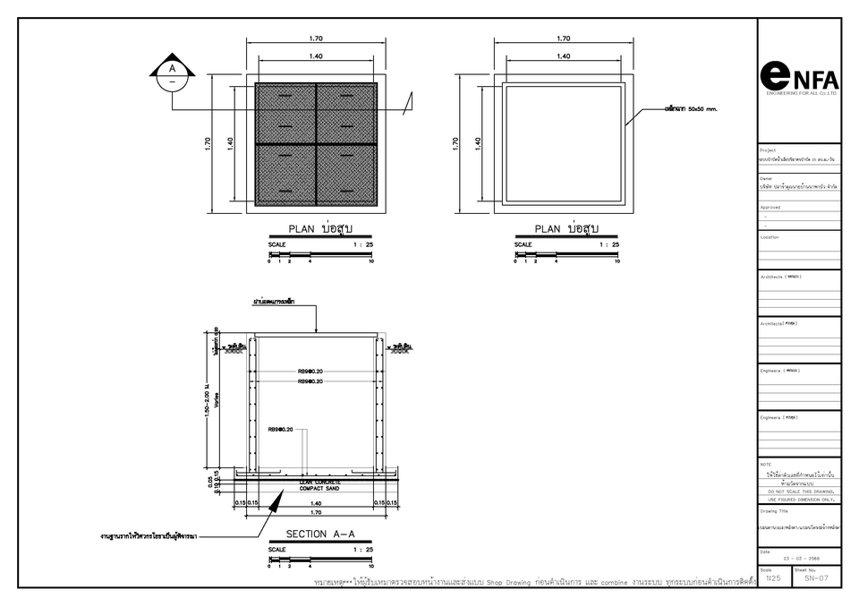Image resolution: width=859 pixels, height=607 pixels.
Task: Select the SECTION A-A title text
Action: click(x=320, y=534)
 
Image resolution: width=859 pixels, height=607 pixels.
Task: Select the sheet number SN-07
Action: click(x=816, y=578)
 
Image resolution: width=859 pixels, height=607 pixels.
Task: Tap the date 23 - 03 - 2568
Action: click(x=800, y=559)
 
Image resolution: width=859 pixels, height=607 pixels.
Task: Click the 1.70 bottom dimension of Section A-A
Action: click(x=315, y=513)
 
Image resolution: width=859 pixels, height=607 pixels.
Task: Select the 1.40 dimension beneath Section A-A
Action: click(x=315, y=503)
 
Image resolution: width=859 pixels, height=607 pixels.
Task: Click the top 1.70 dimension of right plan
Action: click(x=563, y=38)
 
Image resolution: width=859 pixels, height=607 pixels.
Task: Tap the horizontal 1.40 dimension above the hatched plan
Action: click(x=315, y=56)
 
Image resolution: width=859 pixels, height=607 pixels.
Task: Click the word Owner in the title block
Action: click(x=766, y=177)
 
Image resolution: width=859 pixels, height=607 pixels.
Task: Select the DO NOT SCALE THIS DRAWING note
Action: click(x=800, y=492)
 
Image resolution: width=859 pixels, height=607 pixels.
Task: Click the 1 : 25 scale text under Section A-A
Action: click(x=362, y=549)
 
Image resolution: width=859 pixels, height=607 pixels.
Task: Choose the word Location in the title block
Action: click(x=770, y=237)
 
